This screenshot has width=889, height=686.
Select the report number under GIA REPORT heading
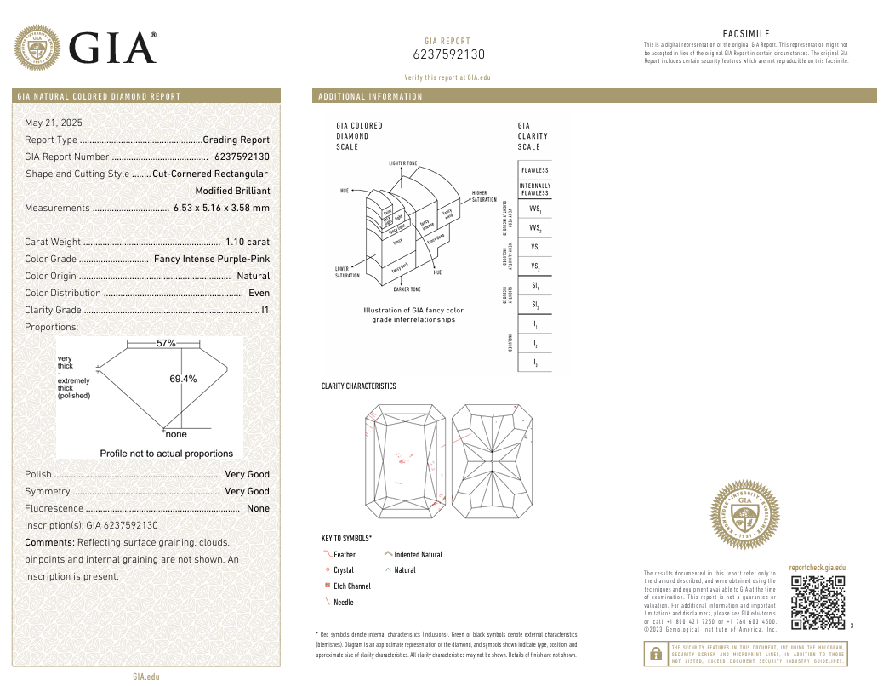point(448,54)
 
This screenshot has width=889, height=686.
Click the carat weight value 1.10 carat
point(248,242)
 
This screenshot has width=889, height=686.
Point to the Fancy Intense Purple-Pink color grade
point(212,259)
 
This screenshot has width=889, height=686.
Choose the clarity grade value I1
point(265,310)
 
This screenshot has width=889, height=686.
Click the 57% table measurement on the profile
point(166,343)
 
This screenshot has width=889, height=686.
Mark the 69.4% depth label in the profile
point(183,379)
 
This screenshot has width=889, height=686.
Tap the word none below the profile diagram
point(176,434)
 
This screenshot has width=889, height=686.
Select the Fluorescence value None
point(258,508)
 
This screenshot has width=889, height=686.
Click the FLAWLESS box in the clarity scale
point(535,170)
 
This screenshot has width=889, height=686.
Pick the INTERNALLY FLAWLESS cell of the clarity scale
point(535,189)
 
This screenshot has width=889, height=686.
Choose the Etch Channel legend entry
point(351,586)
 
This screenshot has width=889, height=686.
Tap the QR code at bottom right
point(818,602)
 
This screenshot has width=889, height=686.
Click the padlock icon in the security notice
point(656,654)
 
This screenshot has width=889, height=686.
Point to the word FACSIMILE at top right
point(746,34)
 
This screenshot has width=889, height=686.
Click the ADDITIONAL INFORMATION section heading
point(370,96)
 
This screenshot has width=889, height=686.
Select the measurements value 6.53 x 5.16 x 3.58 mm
point(221,208)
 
